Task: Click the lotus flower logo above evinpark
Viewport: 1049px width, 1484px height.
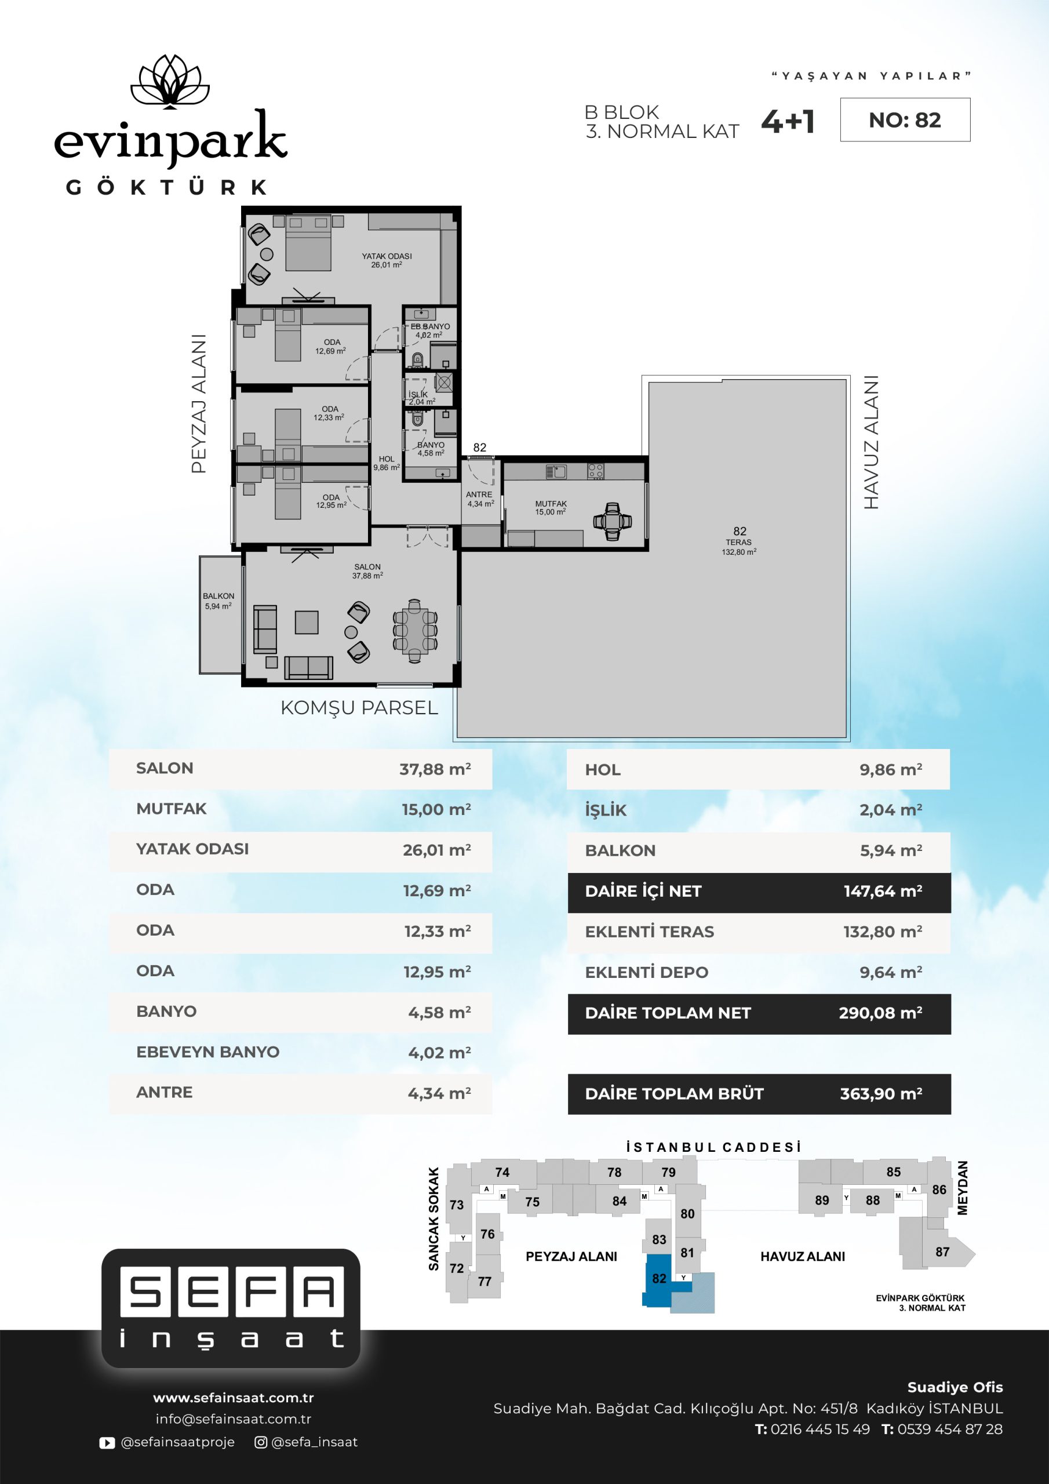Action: tap(170, 82)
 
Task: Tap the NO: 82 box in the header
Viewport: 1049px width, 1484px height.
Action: tap(905, 119)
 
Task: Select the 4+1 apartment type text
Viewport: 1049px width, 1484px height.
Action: tap(788, 122)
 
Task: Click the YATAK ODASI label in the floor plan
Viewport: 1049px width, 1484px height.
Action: tap(387, 256)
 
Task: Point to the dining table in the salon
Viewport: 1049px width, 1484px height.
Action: tap(414, 631)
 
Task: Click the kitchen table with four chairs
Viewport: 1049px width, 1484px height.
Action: tap(612, 521)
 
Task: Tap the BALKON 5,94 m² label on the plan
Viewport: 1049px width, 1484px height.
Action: tap(218, 601)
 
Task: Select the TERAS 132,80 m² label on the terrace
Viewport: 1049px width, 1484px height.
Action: tap(739, 547)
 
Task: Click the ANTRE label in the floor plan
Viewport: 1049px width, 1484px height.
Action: tap(479, 494)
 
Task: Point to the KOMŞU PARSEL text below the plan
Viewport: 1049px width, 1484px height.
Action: tap(359, 708)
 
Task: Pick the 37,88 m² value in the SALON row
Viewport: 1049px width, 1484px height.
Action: tap(435, 769)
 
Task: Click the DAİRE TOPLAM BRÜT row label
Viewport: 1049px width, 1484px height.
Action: tap(674, 1094)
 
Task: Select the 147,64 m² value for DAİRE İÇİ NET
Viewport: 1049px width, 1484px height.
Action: tap(883, 892)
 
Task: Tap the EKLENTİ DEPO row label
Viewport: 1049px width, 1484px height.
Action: tap(646, 972)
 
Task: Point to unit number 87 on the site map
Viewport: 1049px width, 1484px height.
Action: tap(942, 1252)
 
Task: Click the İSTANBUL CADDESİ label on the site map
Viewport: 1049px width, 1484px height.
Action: tap(713, 1147)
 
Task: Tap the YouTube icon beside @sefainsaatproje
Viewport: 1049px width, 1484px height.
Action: tap(107, 1442)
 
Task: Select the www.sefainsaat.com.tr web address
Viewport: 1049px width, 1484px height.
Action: tap(234, 1398)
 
